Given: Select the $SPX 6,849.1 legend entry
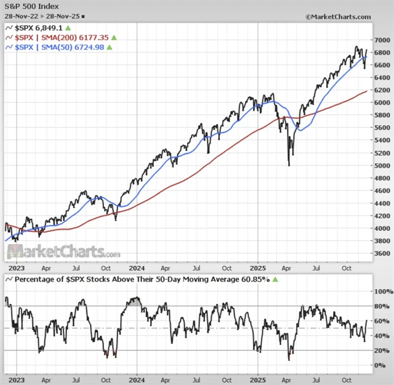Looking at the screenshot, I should click(x=38, y=28).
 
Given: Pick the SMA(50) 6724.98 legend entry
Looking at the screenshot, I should click(x=58, y=47).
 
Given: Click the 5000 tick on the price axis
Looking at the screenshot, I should click(x=383, y=165).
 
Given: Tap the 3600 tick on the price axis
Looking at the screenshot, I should click(x=383, y=253).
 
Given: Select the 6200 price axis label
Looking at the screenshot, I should click(x=383, y=89).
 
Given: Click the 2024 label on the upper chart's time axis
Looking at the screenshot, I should click(x=137, y=269).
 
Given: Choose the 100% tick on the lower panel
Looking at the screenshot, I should click(x=382, y=291).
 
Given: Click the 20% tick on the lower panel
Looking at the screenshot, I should click(x=382, y=351).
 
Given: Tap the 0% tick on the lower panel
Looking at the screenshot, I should click(x=382, y=365).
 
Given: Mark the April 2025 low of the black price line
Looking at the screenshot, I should click(x=289, y=164).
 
